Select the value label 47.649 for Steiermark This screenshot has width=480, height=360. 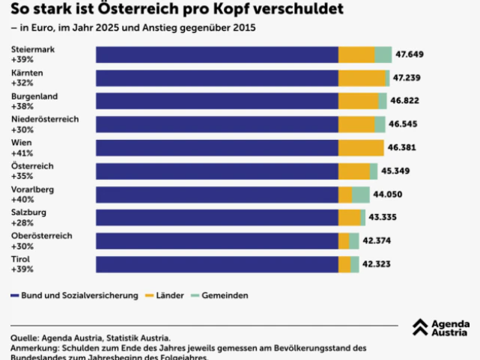click(410, 55)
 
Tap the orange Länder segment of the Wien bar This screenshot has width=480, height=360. click(361, 147)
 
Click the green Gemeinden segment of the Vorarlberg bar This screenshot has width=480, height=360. click(361, 195)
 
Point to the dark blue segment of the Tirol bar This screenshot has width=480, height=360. click(217, 264)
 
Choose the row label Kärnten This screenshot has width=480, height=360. click(27, 73)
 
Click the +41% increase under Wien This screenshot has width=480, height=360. click(22, 153)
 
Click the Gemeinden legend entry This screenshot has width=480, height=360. click(225, 296)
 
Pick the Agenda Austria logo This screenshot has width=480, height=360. click(441, 328)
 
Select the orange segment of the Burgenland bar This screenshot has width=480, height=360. click(358, 101)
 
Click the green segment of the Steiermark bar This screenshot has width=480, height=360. click(383, 55)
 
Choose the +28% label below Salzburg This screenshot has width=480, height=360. click(22, 222)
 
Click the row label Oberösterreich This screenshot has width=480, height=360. click(42, 235)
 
